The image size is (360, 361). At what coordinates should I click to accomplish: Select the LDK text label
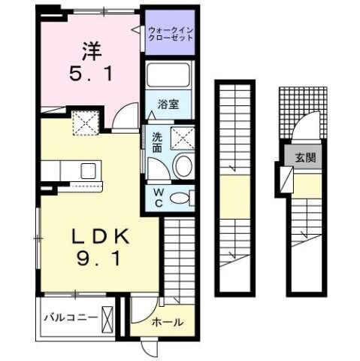pyautogui.click(x=100, y=235)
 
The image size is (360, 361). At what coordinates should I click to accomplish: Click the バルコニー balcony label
pyautogui.click(x=69, y=316)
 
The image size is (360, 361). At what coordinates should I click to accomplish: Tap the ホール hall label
pyautogui.click(x=166, y=322)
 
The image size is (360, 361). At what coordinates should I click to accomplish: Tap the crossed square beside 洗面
pyautogui.click(x=182, y=138)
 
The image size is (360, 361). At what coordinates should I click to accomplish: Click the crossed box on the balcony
pyautogui.click(x=110, y=317)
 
